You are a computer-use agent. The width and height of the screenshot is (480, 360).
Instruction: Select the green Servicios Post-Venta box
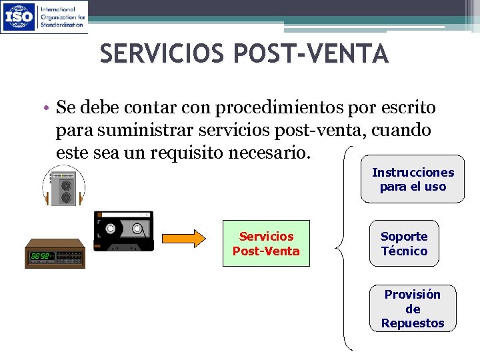pos(266,243)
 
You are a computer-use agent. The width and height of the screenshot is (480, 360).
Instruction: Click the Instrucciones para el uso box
pos(413,179)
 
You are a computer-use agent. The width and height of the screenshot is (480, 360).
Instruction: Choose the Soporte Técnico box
pos(404,243)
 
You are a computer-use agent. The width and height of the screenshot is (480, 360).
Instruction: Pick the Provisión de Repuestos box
pos(413,308)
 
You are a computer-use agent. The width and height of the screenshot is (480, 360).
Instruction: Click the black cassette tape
pos(123,231)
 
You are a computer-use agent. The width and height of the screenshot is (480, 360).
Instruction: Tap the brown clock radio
pos(55,252)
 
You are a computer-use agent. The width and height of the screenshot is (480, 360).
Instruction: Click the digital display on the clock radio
pos(39,256)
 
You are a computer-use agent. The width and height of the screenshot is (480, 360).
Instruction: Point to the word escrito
pos(407,107)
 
